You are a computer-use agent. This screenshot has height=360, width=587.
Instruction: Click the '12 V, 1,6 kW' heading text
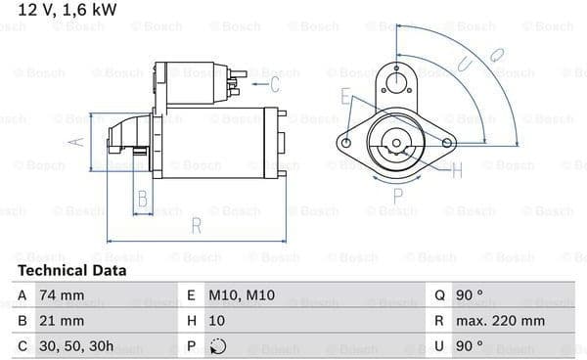[x=68, y=10]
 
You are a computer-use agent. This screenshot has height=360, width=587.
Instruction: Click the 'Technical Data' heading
[x=71, y=271]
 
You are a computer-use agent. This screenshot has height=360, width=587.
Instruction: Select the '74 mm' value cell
[x=62, y=295]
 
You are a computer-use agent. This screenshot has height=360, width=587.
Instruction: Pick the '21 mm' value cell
[x=62, y=321]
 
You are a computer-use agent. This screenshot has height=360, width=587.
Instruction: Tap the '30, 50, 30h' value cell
[x=76, y=346]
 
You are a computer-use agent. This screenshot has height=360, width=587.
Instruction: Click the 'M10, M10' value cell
[x=242, y=295]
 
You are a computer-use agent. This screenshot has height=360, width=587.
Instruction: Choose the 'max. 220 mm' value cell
[x=500, y=321]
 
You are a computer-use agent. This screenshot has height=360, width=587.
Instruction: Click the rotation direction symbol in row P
[x=218, y=346]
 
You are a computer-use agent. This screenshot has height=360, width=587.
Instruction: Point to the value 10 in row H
[x=217, y=321]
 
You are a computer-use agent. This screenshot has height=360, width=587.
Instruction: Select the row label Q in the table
[x=439, y=295]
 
